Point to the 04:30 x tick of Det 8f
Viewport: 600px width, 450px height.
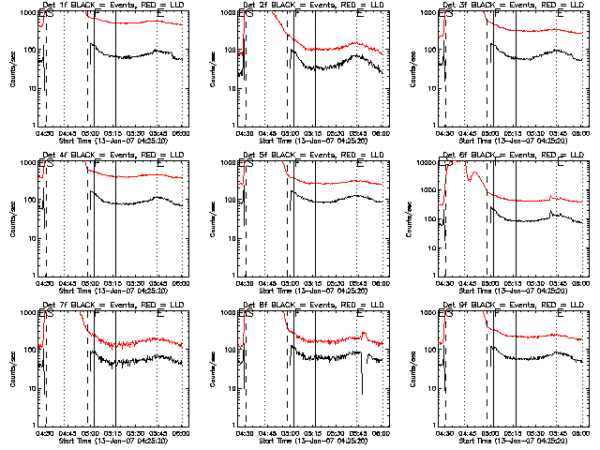(246, 432)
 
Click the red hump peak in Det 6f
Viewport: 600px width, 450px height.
(475, 173)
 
